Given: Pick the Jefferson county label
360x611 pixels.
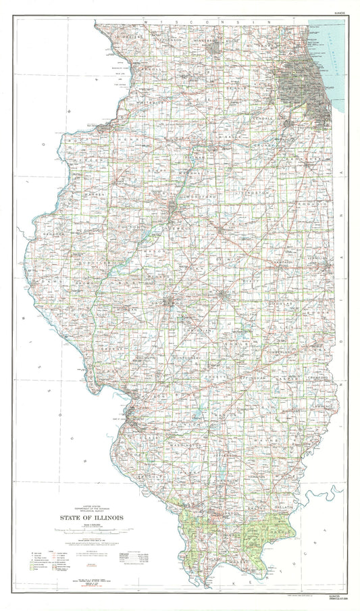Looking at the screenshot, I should (x=232, y=455).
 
